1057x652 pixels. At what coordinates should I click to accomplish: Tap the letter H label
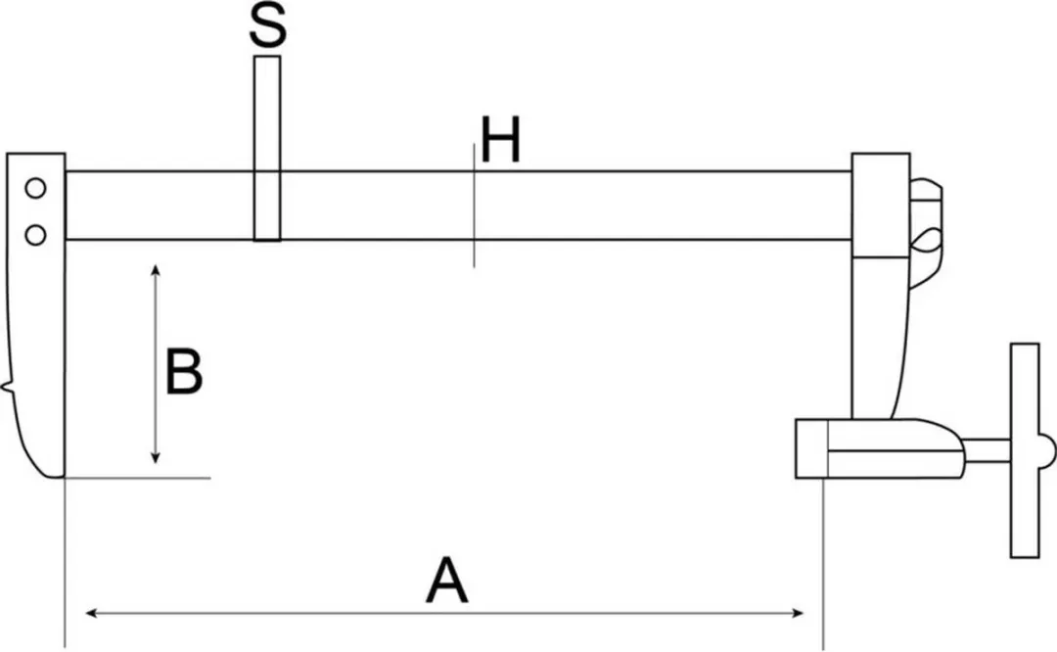pos(501,140)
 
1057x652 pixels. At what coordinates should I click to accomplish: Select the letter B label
pos(183,371)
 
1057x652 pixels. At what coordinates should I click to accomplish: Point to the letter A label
pos(446,580)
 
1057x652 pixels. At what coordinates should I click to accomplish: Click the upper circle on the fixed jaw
pos(36,189)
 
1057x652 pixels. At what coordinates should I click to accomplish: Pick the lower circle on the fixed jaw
pos(36,235)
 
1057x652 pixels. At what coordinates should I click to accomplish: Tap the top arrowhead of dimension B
pos(156,269)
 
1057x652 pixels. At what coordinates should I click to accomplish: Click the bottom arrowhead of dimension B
pos(156,458)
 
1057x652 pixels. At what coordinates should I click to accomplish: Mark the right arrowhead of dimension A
pos(798,613)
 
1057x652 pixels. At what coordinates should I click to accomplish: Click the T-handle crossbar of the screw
pos(1025,450)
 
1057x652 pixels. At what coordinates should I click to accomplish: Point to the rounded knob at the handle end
pos(1047,450)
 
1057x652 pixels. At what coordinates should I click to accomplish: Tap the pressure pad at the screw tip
pos(811,448)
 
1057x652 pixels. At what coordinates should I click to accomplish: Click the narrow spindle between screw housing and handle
pos(987,450)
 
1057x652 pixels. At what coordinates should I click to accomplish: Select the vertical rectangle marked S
pos(267,148)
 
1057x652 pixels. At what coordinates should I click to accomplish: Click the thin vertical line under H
pos(474,206)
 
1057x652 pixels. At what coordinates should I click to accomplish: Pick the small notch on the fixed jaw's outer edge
pos(7,388)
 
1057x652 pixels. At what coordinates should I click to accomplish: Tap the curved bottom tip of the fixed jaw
pos(47,471)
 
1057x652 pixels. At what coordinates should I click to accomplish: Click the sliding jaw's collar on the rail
pos(881,205)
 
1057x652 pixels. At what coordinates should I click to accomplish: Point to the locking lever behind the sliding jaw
pos(926,233)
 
